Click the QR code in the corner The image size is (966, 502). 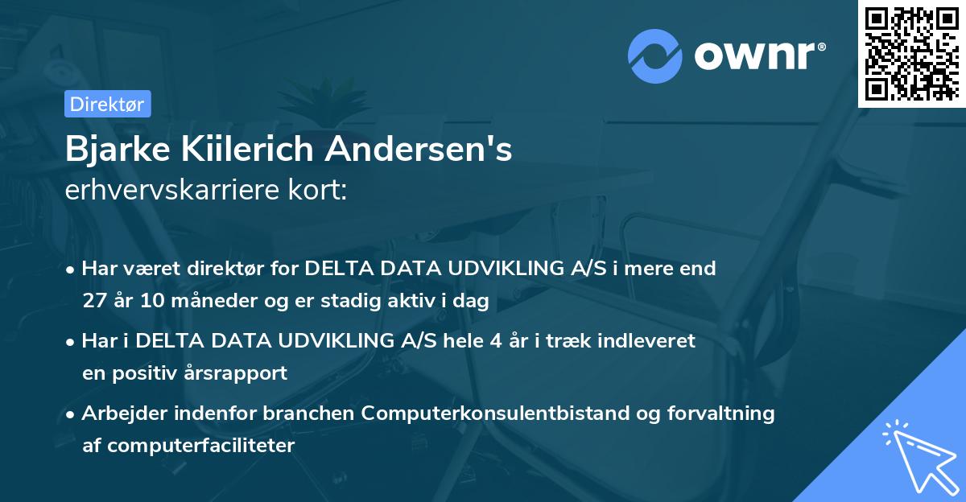(x=911, y=53)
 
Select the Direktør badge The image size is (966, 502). (x=107, y=104)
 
